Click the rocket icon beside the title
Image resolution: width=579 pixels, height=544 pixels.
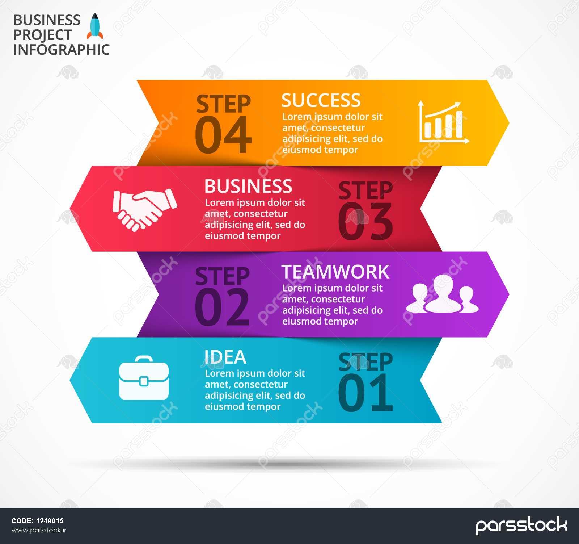(x=95, y=26)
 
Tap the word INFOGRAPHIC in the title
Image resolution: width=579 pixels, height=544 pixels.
(x=62, y=50)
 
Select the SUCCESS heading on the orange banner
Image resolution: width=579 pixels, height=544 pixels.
(x=321, y=100)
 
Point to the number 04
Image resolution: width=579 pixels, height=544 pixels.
(x=223, y=135)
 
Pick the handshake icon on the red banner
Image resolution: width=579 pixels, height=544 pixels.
(x=145, y=209)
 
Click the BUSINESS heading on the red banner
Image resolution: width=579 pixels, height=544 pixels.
(x=248, y=186)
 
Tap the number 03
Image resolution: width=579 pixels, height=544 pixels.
(x=365, y=221)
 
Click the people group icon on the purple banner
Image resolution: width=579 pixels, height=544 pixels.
(x=442, y=294)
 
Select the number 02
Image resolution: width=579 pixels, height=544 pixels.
(x=222, y=307)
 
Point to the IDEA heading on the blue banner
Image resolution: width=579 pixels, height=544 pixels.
(x=225, y=357)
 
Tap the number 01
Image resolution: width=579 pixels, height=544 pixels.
(x=365, y=393)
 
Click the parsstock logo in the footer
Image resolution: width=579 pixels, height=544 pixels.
(x=521, y=526)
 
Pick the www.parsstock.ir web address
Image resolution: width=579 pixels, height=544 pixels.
(x=39, y=530)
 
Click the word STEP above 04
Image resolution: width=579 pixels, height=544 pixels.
(x=223, y=104)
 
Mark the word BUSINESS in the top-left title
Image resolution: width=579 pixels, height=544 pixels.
(x=47, y=20)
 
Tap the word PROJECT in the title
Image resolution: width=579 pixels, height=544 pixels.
(x=43, y=35)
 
